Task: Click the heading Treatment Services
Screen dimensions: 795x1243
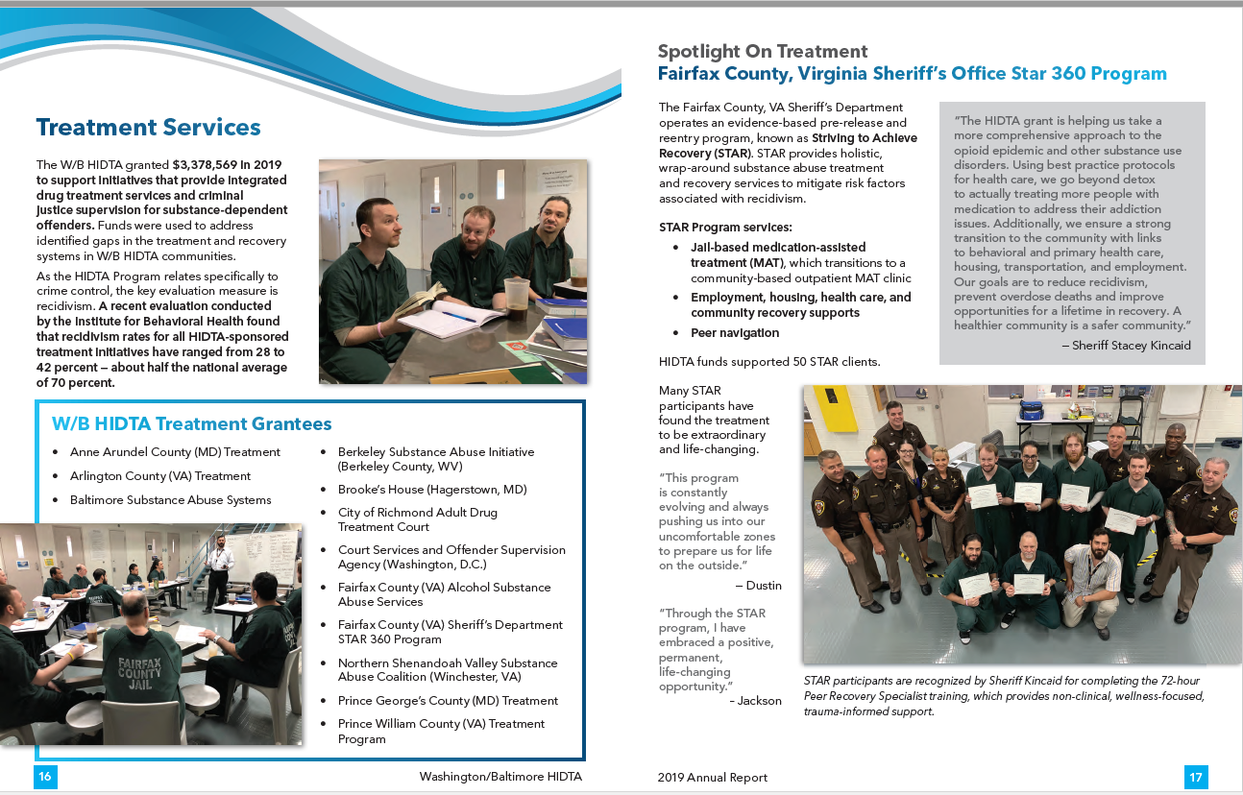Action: point(148,128)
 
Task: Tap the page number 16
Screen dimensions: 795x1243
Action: point(45,777)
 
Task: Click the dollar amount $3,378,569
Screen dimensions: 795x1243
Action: point(209,165)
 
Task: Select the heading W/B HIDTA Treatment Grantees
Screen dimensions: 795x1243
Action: point(192,424)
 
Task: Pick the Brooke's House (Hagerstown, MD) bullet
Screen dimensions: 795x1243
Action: point(432,490)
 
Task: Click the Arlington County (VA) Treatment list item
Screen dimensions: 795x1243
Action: point(159,476)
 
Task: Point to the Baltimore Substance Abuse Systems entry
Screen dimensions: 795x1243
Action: point(170,500)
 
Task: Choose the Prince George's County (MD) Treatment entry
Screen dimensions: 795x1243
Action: point(448,701)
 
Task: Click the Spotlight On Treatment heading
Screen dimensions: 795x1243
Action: point(763,52)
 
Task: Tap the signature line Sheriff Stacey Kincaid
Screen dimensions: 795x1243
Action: point(1131,346)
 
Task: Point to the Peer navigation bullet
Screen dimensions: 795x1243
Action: point(735,333)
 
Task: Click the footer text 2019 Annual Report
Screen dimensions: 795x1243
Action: point(713,778)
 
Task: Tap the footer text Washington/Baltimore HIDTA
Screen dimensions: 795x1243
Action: point(500,777)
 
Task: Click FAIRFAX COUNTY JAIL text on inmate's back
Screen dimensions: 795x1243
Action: point(140,673)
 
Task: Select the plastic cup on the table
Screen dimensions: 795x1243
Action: point(516,300)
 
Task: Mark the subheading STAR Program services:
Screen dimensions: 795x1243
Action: point(725,228)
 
